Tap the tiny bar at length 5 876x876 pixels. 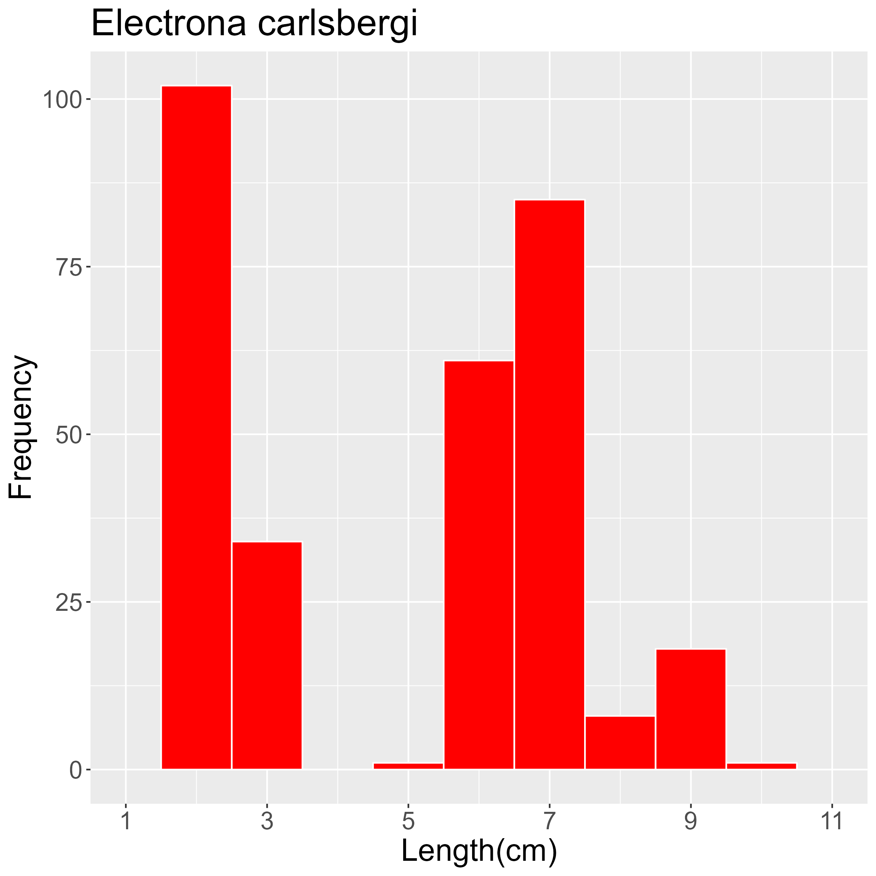tap(408, 766)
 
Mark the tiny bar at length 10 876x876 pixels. tap(761, 766)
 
